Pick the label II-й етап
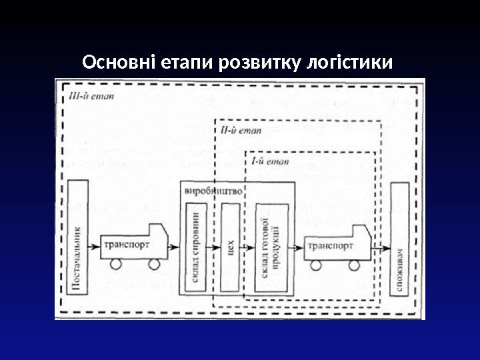pos(234,130)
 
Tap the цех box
pos(229,247)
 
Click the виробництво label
pos(213,189)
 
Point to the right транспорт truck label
pos(331,245)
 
